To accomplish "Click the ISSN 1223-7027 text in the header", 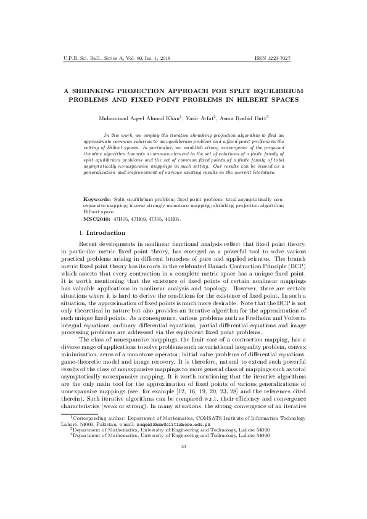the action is click(x=281, y=59).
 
